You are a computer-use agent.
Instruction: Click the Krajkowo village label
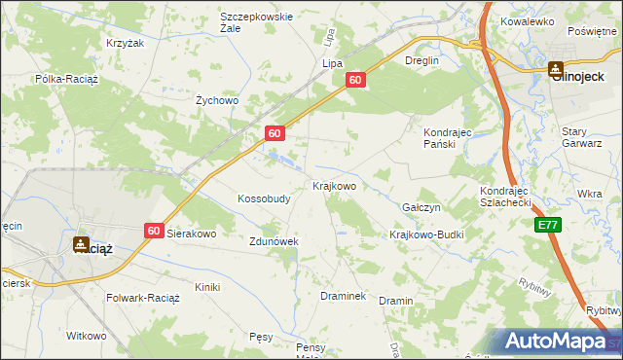pyautogui.click(x=334, y=185)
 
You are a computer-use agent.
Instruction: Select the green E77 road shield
pyautogui.click(x=548, y=225)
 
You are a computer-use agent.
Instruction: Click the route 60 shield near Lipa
pyautogui.click(x=355, y=81)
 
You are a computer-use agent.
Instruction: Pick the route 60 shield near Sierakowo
pyautogui.click(x=154, y=230)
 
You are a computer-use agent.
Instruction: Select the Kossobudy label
pyautogui.click(x=265, y=198)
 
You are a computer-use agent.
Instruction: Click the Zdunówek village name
pyautogui.click(x=273, y=241)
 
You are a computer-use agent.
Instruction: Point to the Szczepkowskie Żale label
pyautogui.click(x=257, y=22)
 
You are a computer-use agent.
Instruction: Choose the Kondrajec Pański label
pyautogui.click(x=448, y=137)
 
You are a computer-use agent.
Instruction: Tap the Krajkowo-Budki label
pyautogui.click(x=426, y=235)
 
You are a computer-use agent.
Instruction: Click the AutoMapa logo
pyautogui.click(x=556, y=342)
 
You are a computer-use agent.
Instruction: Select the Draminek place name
pyautogui.click(x=343, y=295)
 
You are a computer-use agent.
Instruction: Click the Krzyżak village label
pyautogui.click(x=125, y=44)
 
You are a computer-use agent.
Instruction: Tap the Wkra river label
pyautogui.click(x=589, y=194)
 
